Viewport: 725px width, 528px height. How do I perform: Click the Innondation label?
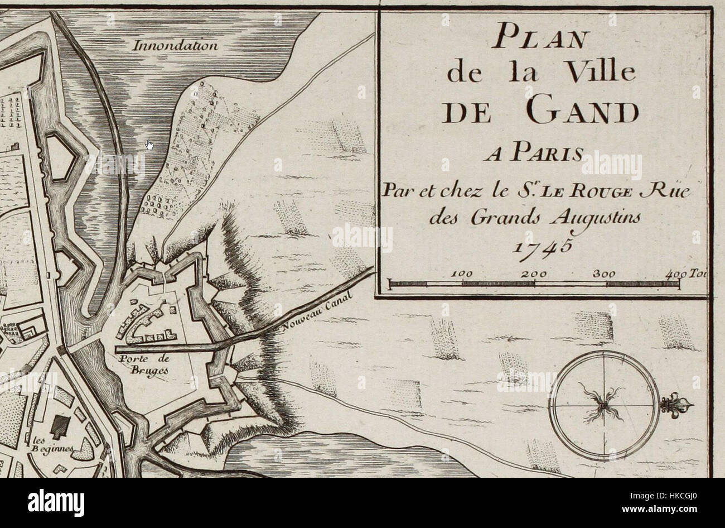pyautogui.click(x=175, y=46)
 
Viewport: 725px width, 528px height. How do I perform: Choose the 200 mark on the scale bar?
pyautogui.click(x=534, y=274)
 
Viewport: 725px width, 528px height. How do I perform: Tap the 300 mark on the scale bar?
pyautogui.click(x=606, y=274)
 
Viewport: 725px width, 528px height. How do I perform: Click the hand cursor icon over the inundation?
pyautogui.click(x=149, y=146)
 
